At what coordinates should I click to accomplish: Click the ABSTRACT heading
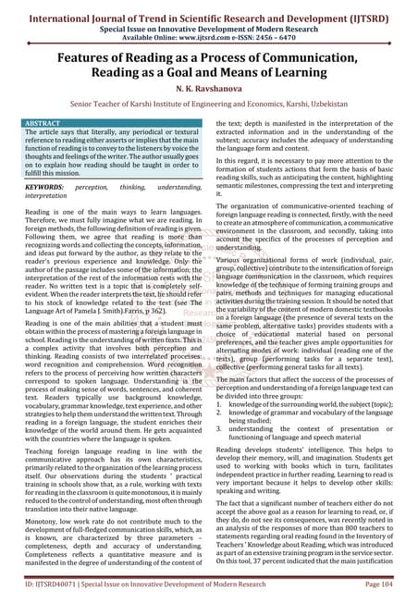pyautogui.click(x=42, y=121)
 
